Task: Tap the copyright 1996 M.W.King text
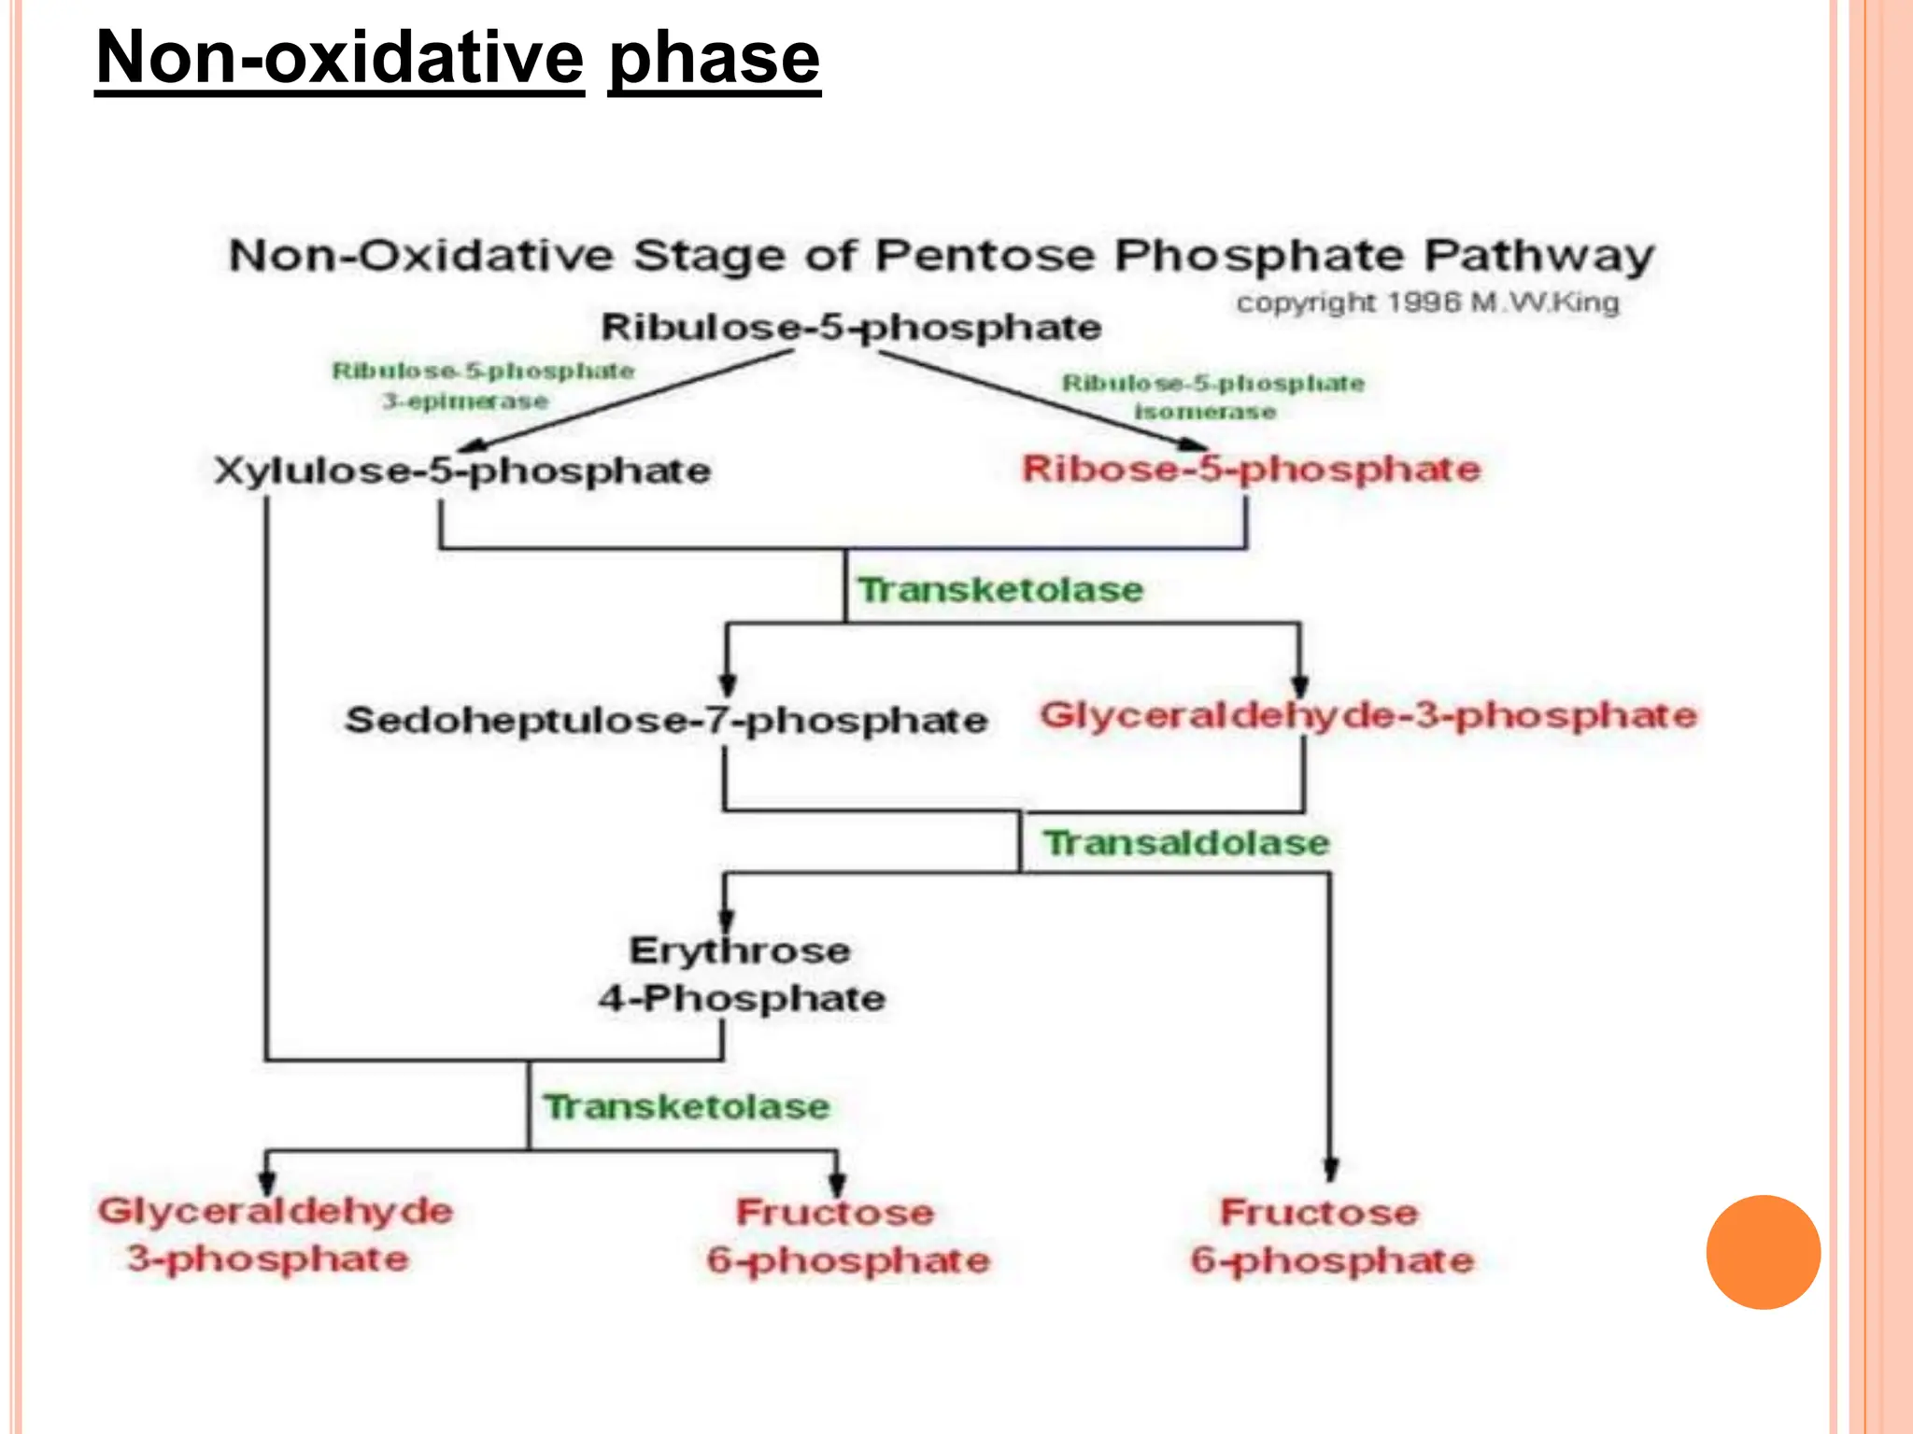click(1426, 302)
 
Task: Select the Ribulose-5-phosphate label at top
click(851, 328)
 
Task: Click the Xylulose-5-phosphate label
click(462, 470)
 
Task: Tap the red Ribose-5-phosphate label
click(1251, 469)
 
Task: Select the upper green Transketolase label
click(1000, 590)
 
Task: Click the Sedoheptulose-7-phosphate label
click(666, 720)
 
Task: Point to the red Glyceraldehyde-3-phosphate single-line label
click(1367, 716)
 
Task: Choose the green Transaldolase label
click(1186, 843)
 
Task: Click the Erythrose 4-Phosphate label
click(742, 974)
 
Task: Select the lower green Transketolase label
click(687, 1107)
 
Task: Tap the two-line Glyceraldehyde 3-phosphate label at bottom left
click(274, 1234)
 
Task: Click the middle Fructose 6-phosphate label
click(846, 1236)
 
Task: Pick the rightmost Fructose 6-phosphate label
click(1330, 1236)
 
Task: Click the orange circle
click(1763, 1252)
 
